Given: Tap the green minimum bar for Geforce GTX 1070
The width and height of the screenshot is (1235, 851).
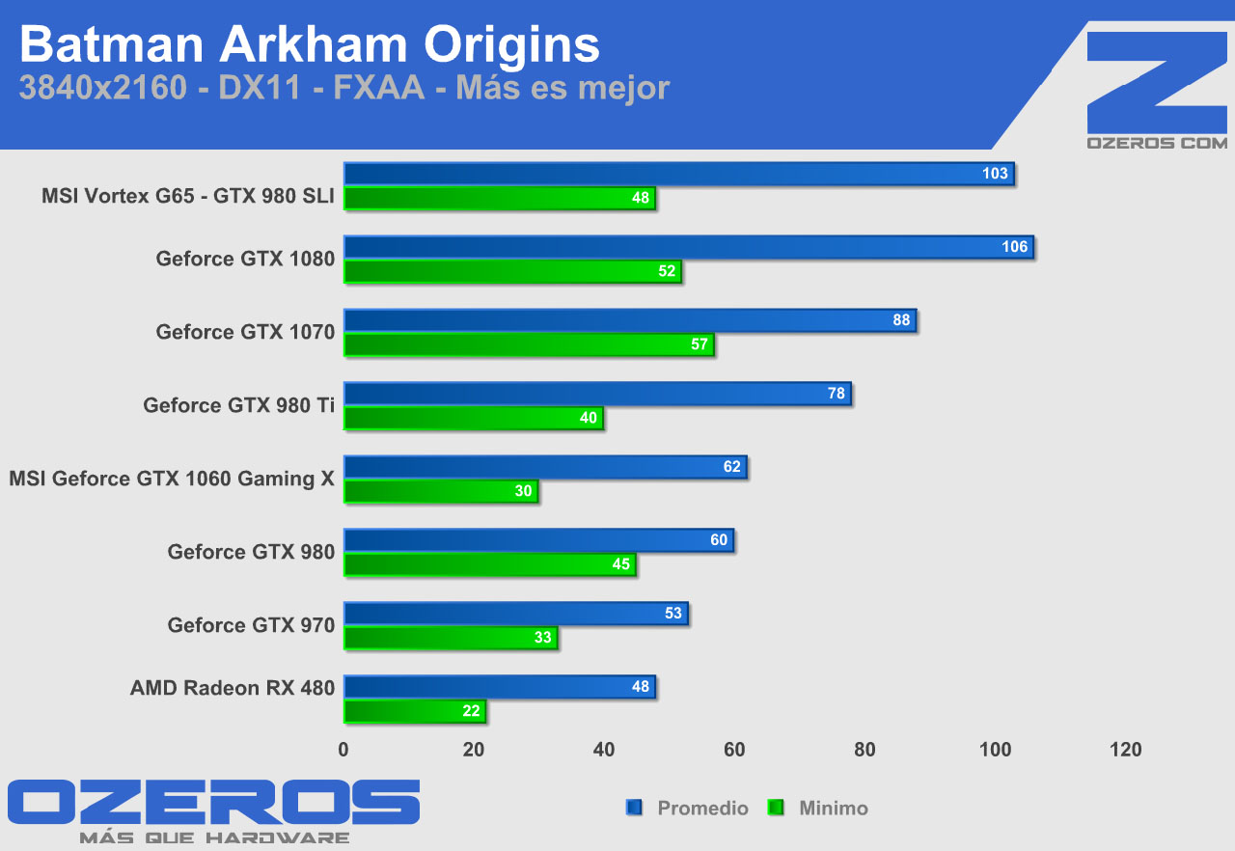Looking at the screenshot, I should [x=529, y=344].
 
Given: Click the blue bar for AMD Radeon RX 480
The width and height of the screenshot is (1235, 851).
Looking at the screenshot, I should [x=499, y=687].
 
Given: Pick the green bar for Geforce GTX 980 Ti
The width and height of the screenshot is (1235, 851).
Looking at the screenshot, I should [x=473, y=418].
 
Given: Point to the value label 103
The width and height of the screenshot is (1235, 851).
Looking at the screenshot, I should [x=995, y=174].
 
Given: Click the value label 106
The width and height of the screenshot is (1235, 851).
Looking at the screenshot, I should [x=1014, y=247].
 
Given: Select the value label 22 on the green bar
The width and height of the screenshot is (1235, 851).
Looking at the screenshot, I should [x=471, y=712].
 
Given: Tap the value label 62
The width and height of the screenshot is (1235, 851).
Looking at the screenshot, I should [x=732, y=467].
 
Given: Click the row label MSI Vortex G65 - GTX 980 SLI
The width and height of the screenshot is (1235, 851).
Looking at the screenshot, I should [x=188, y=197].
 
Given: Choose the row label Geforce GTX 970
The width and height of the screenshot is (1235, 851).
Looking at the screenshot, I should [x=251, y=625].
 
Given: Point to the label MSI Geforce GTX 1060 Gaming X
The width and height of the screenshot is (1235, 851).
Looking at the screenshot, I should [x=172, y=479].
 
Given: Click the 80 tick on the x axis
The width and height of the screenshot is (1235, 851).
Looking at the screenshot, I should [x=864, y=750].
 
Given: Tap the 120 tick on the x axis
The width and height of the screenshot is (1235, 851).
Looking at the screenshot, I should [x=1125, y=750].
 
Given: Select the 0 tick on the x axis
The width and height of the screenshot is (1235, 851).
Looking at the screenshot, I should [x=343, y=750].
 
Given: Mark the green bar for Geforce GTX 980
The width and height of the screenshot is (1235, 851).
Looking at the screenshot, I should [x=489, y=564].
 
